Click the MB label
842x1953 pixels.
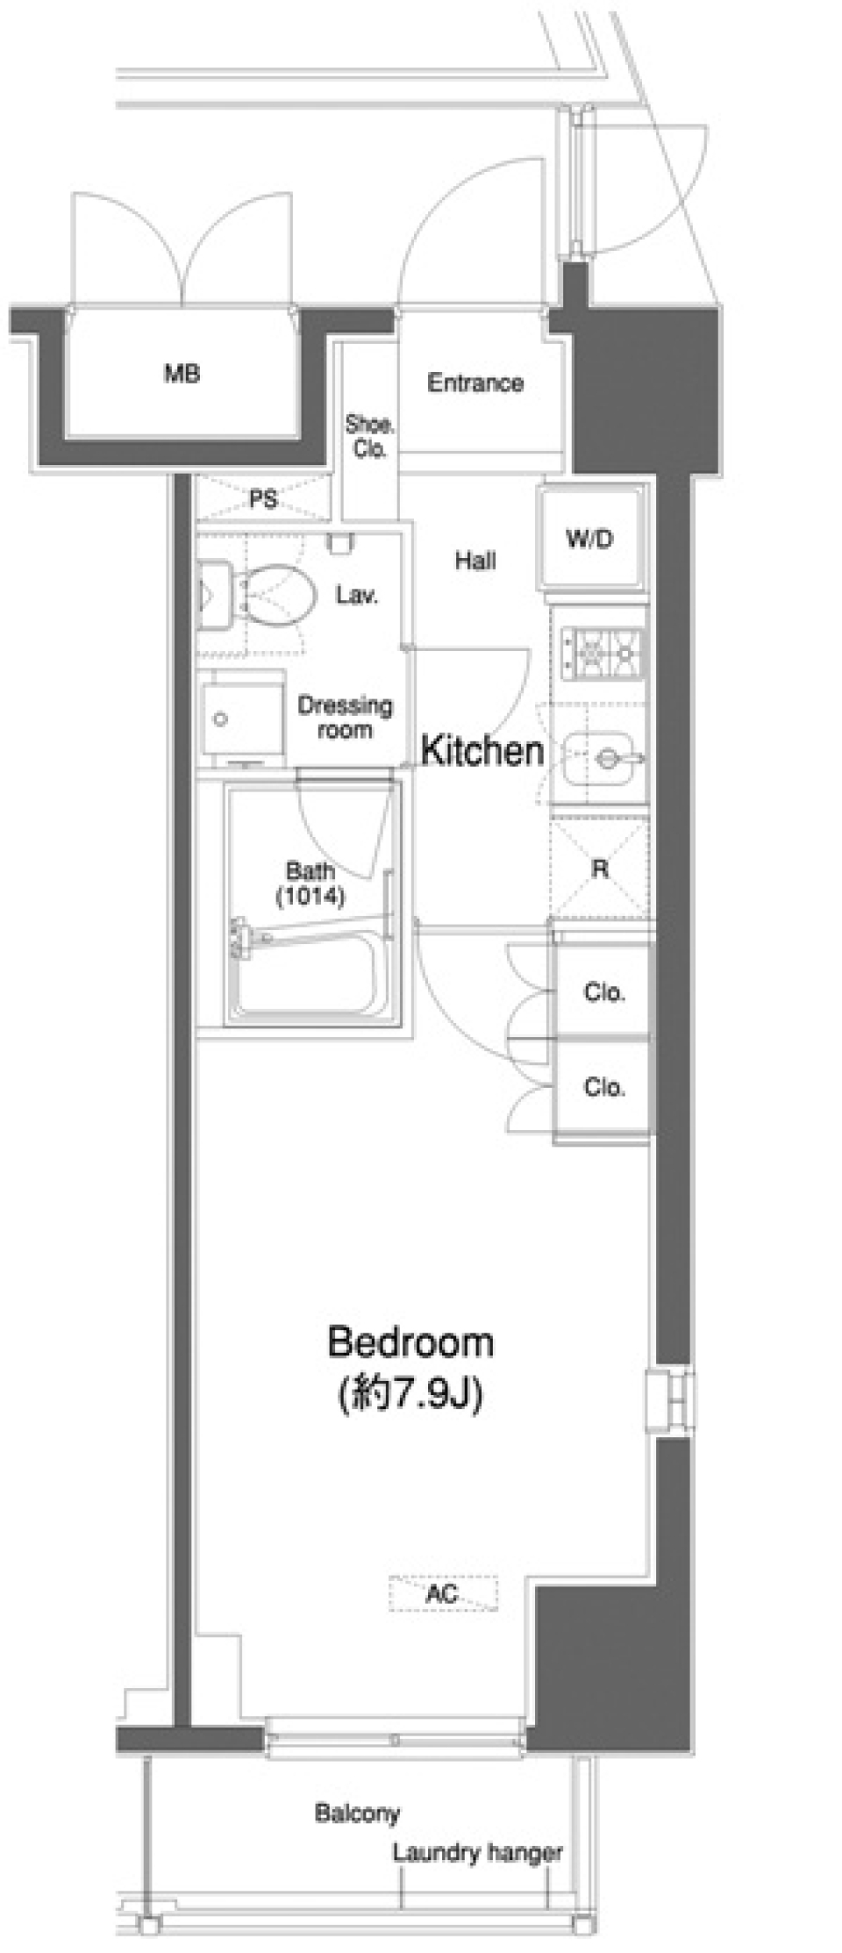click(x=182, y=374)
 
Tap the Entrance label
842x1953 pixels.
click(x=475, y=383)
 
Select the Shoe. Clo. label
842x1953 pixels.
click(x=369, y=436)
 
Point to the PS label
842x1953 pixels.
click(x=263, y=499)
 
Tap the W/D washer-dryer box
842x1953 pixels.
click(x=590, y=539)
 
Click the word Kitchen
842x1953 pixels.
click(x=482, y=751)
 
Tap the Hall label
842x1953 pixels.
click(x=475, y=560)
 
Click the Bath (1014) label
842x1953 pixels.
click(x=310, y=883)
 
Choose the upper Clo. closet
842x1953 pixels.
click(x=603, y=993)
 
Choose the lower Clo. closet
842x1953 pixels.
click(x=603, y=1088)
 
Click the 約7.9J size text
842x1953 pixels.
click(x=410, y=1392)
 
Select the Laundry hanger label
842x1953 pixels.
click(x=477, y=1852)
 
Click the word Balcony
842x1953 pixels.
click(x=357, y=1812)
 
